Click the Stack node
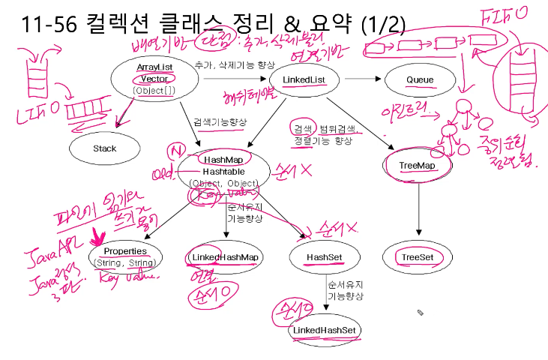coord(105,148)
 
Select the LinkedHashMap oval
coord(223,257)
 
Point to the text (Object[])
coord(155,91)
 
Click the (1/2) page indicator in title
coord(382,28)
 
